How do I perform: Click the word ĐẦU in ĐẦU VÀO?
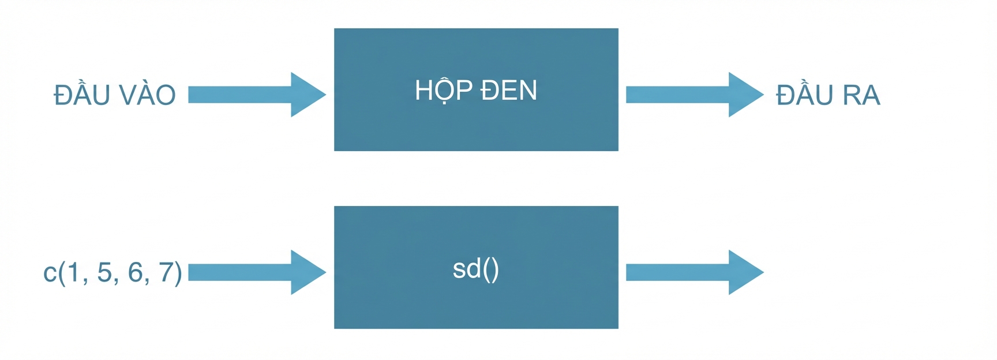coord(82,92)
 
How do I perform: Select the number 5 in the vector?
coord(104,272)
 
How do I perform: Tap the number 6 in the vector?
coord(136,272)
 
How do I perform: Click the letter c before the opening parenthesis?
coord(50,273)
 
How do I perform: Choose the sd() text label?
coord(476,269)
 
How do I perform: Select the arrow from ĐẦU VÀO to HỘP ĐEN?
coord(257,95)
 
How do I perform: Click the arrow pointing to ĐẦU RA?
coord(695,95)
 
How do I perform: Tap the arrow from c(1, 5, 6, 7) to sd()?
coord(257,272)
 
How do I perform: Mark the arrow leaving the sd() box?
coord(695,272)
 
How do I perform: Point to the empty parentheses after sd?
coord(490,269)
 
